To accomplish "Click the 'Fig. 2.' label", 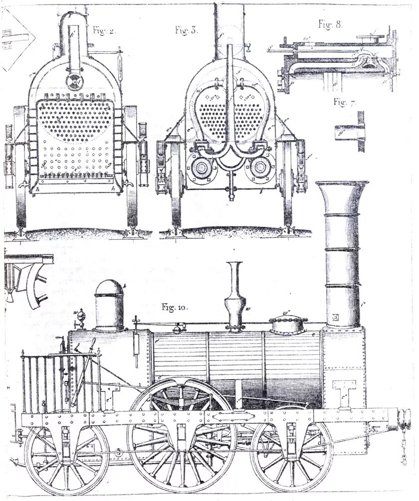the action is [x=104, y=30].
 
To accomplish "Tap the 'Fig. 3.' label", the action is [x=187, y=30].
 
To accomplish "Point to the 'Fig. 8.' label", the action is [x=330, y=23].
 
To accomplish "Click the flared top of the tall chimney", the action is [x=342, y=192].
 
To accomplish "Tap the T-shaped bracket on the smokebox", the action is [x=346, y=388].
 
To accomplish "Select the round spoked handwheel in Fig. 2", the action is [x=75, y=82].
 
